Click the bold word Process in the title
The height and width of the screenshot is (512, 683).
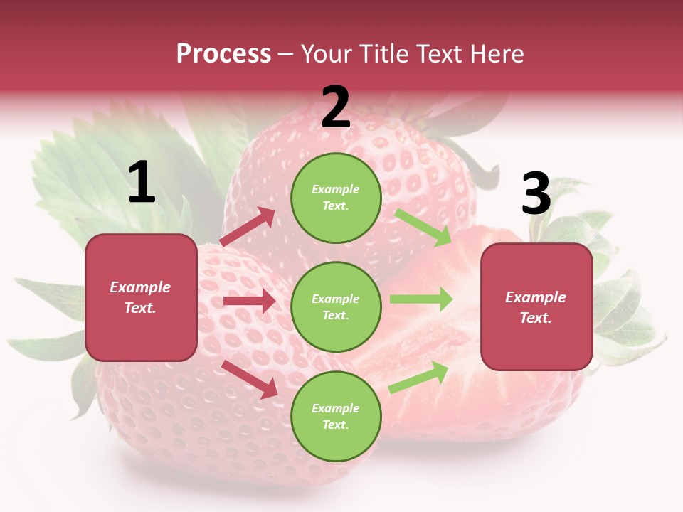[223, 54]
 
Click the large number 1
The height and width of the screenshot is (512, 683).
[142, 183]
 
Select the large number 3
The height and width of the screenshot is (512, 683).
[536, 194]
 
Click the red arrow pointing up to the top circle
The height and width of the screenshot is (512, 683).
[248, 227]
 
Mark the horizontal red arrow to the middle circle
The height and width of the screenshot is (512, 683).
[249, 301]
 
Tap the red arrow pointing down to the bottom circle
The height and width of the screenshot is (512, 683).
[250, 378]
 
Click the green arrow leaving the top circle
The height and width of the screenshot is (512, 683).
[423, 227]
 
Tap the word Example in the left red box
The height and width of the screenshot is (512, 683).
[140, 287]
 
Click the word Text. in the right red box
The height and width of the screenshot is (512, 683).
[536, 318]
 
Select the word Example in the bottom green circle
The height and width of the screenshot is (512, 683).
[336, 408]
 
